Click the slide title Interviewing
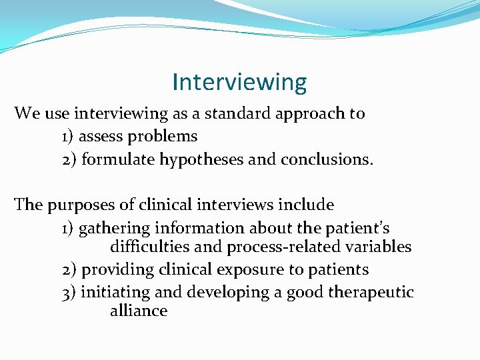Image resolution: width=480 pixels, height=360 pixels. pos(239,82)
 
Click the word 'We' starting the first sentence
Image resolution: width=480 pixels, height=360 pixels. pos(27,113)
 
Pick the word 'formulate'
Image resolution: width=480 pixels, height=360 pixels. pos(115,160)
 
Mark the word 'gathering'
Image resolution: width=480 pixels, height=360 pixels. pos(113,229)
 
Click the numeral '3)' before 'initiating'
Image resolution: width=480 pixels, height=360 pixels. pos(68,293)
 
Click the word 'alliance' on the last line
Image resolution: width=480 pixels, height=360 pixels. pos(138,311)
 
